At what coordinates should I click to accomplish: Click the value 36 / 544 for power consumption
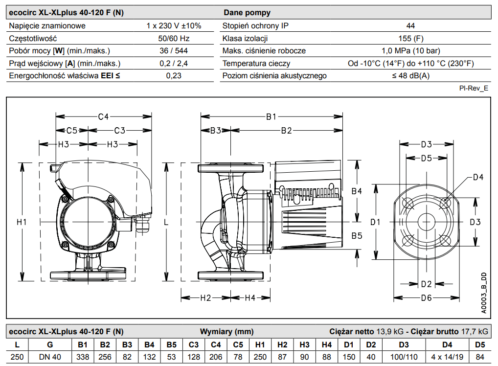(x=174, y=50)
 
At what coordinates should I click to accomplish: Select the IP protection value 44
(x=410, y=25)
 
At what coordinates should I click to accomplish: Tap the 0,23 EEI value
(x=174, y=75)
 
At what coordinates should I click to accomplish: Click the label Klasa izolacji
(x=245, y=38)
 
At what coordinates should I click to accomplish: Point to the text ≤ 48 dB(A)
(x=410, y=75)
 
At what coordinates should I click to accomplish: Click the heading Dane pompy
(x=247, y=13)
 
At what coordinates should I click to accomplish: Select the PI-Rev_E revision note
(x=474, y=89)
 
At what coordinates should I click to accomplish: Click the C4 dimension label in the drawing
(x=103, y=116)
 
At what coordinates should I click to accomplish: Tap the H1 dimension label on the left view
(x=22, y=222)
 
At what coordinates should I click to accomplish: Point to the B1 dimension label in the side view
(x=271, y=116)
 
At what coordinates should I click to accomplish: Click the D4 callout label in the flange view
(x=478, y=177)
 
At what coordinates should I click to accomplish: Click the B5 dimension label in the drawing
(x=357, y=236)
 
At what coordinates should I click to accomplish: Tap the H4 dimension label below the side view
(x=250, y=297)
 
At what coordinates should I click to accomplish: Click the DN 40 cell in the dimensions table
(x=50, y=357)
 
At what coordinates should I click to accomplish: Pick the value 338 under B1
(x=83, y=357)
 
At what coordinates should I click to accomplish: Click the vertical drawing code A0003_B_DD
(x=483, y=293)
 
